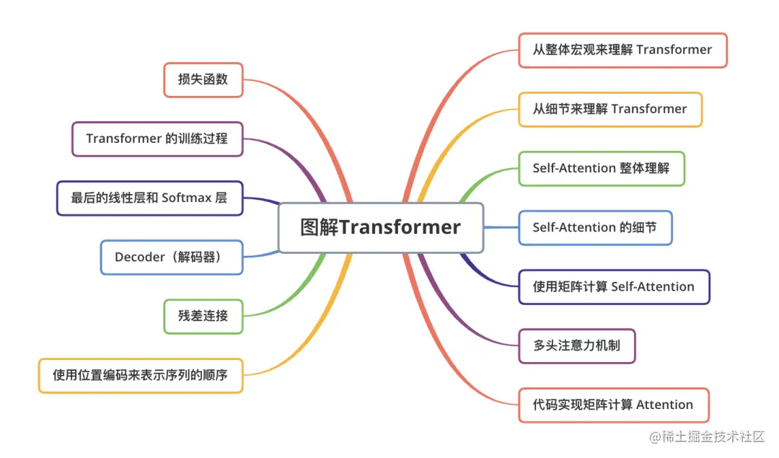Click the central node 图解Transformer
(x=380, y=227)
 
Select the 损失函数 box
(x=203, y=79)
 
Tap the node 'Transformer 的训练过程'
(x=157, y=138)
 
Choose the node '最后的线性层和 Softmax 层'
(x=149, y=198)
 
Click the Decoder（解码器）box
(x=172, y=257)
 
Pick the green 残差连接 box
(x=203, y=316)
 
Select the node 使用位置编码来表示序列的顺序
(x=140, y=375)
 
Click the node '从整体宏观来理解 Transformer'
(x=622, y=50)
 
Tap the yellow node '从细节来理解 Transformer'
(x=609, y=109)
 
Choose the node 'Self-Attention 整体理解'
(x=601, y=168)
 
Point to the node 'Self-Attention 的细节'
(x=594, y=227)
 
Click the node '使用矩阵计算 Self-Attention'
(x=613, y=286)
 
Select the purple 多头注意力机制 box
(x=576, y=345)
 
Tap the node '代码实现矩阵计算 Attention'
(x=613, y=405)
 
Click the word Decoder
(x=139, y=257)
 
